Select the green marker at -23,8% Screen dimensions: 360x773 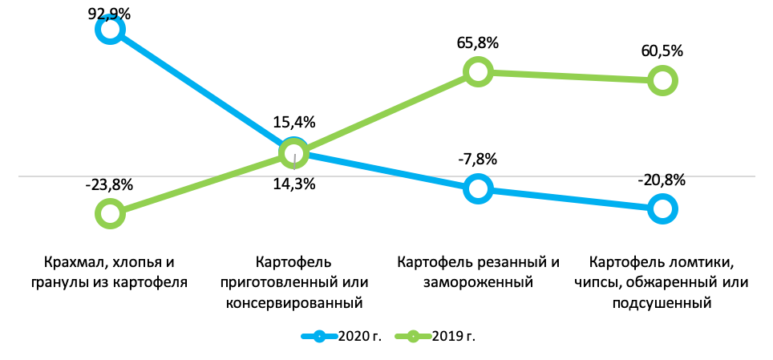tap(110, 213)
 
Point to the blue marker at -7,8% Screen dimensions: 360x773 tap(478, 188)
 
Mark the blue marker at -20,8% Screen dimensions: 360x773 tap(662, 209)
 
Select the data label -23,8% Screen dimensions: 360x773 tap(109, 184)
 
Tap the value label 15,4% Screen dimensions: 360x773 tap(295, 123)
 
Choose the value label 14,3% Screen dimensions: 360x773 tap(295, 184)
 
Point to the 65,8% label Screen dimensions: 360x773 tap(478, 42)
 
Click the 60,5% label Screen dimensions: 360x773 tap(662, 51)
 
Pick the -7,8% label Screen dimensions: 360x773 tap(478, 159)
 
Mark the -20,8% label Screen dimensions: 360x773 tap(662, 180)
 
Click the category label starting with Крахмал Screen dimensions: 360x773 tap(111, 272)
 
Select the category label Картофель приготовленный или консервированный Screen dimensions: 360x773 tap(293, 282)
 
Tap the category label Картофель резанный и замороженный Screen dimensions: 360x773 tap(478, 272)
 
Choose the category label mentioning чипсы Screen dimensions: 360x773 tap(662, 282)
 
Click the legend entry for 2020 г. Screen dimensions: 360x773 tap(340, 336)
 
